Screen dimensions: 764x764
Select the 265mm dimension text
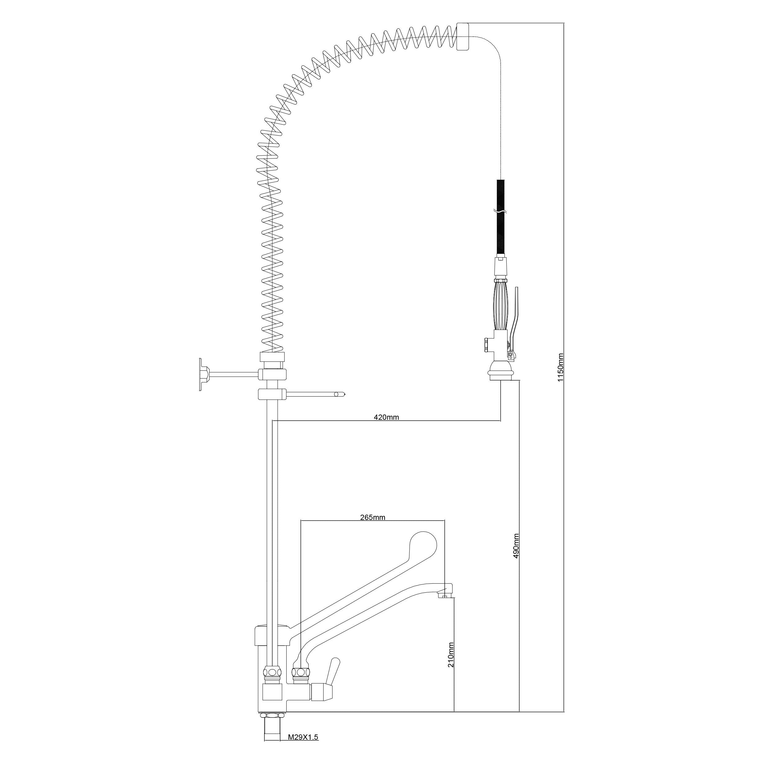coord(373,517)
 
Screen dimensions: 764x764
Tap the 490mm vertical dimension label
coord(516,546)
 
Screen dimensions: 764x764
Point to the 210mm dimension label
coord(451,655)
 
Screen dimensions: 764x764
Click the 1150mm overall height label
coord(560,367)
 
